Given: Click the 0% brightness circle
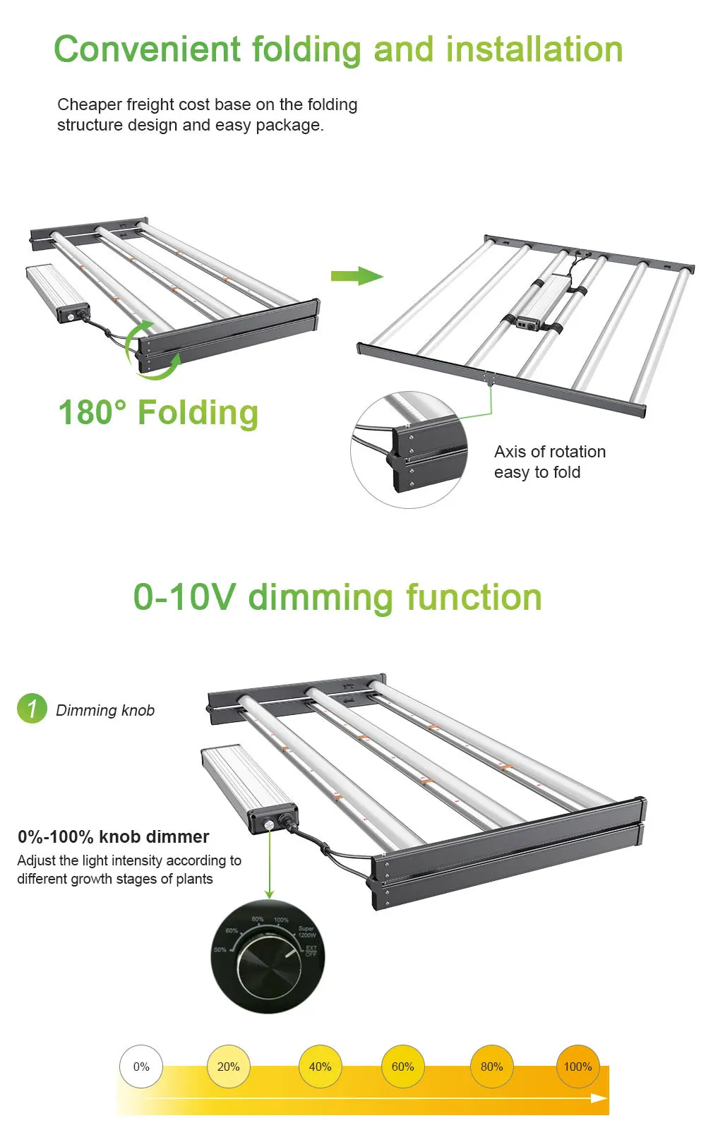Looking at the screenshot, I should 141,1067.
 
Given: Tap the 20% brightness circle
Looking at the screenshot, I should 228,1067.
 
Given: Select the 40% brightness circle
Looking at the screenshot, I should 320,1067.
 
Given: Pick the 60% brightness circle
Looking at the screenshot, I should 402,1067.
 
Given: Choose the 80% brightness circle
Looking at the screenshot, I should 491,1067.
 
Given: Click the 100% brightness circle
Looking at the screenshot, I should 578,1067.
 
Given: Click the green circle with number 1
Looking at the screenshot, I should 32,709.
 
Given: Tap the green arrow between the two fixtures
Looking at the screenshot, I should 357,276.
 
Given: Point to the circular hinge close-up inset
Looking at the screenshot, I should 409,450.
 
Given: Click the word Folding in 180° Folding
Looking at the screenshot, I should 198,413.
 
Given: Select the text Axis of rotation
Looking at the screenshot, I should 549,452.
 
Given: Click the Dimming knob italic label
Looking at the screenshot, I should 105,711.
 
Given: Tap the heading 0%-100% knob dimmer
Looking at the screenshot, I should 113,837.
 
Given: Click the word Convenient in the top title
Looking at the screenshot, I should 148,50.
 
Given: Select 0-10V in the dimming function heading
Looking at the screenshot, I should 184,597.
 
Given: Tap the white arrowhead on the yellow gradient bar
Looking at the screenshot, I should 598,1098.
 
